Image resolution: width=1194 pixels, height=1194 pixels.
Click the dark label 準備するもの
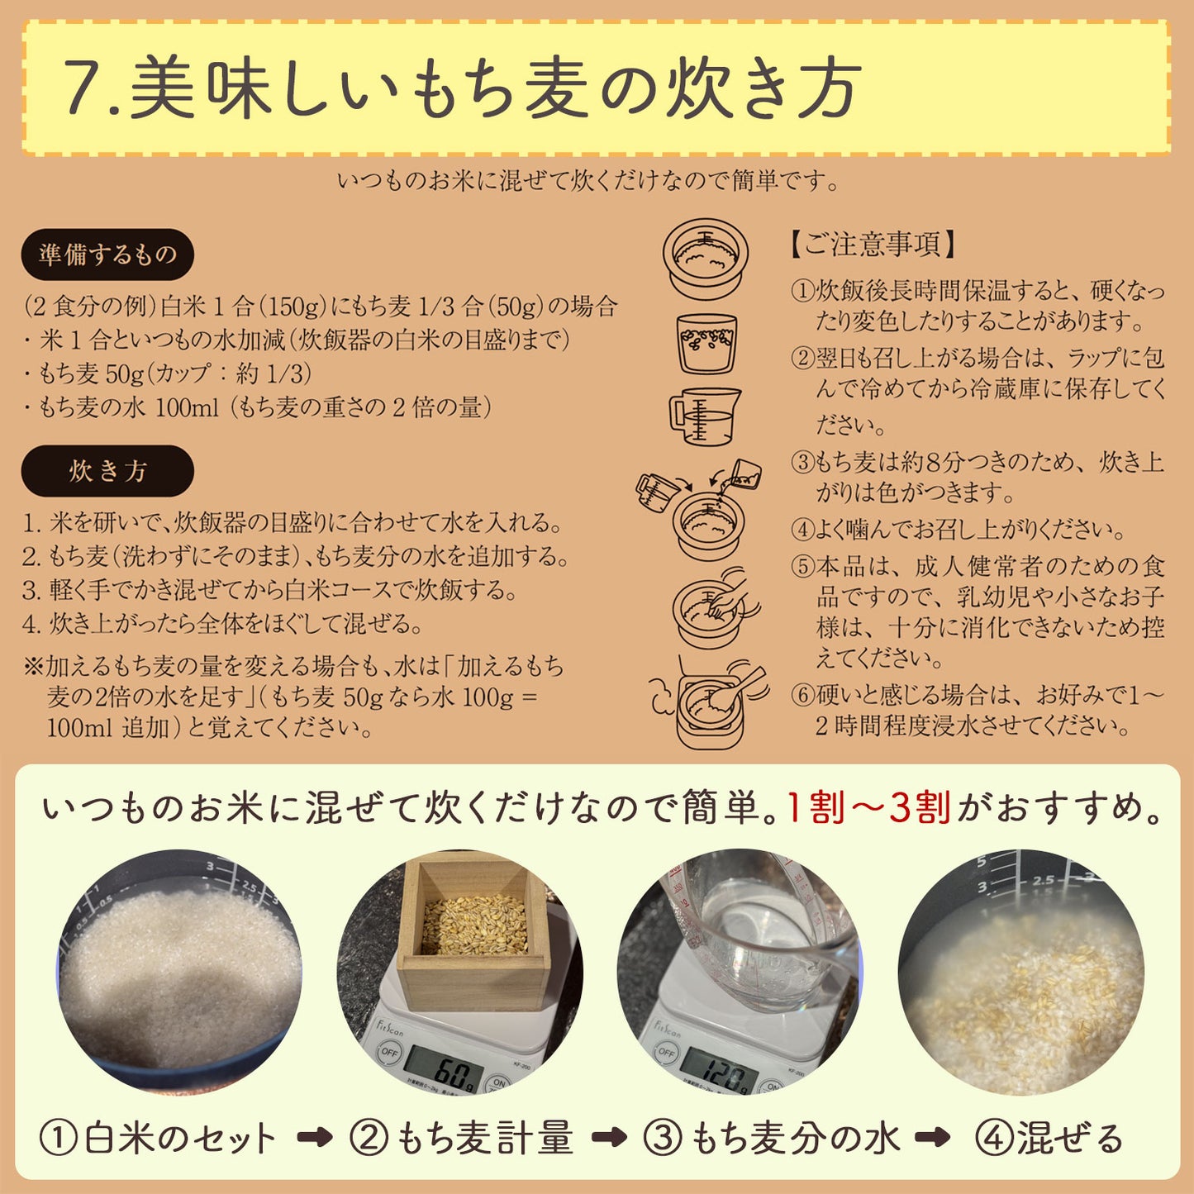107,254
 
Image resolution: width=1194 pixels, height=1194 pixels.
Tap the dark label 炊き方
107,471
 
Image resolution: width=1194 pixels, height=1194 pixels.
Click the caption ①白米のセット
157,1139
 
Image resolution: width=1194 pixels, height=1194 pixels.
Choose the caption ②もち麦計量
461,1139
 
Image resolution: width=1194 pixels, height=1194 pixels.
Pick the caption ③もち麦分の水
771,1139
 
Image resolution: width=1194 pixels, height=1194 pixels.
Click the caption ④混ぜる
1049,1139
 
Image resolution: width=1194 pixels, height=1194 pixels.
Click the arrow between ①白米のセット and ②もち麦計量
314,1138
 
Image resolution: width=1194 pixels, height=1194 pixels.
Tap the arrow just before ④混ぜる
932,1138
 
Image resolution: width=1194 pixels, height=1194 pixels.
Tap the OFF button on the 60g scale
388,1052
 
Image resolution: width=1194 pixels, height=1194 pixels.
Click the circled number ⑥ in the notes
802,695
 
